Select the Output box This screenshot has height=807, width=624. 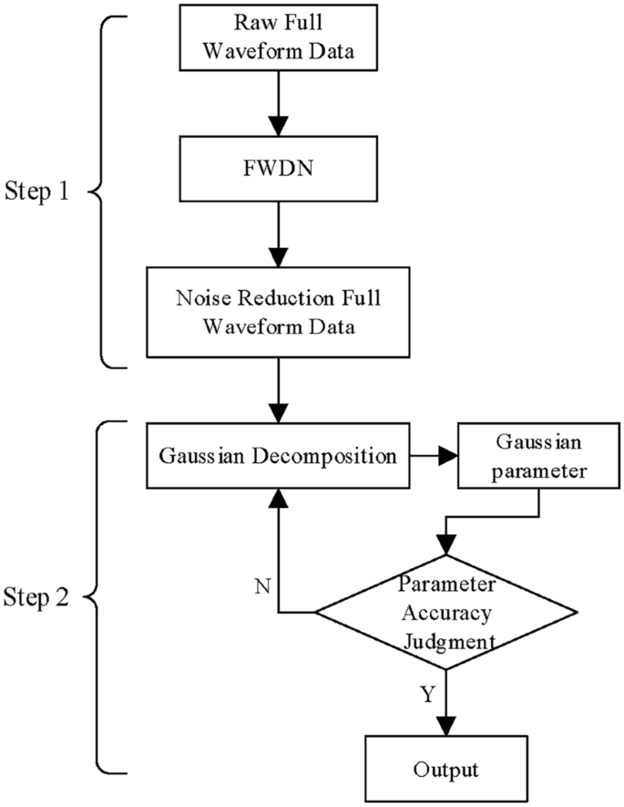[446, 768]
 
